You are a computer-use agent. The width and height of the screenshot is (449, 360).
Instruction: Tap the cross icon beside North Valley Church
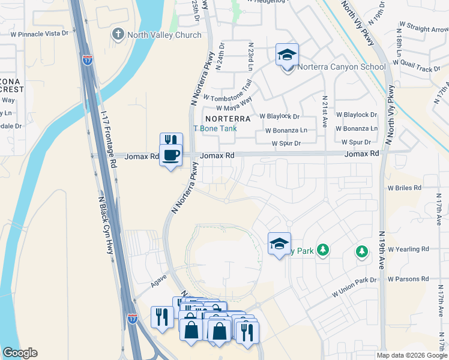coord(118,34)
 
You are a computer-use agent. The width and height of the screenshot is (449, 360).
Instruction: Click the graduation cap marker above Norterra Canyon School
coord(288,55)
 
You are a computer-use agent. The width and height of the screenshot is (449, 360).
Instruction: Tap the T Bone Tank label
coord(214,128)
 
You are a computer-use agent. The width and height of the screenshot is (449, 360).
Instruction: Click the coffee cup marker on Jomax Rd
coord(170,156)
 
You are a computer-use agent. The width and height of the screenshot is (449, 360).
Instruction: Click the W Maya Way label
coord(231,106)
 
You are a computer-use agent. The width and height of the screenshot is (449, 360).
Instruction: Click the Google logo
coord(20,353)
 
